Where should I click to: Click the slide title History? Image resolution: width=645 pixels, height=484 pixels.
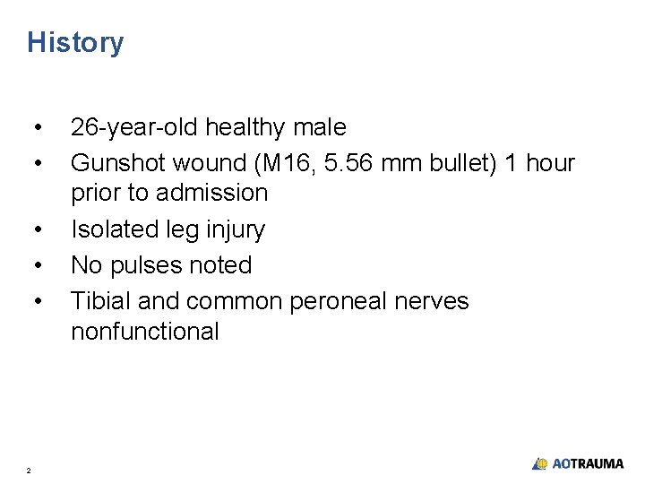click(75, 43)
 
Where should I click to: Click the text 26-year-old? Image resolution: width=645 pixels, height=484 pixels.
click(134, 128)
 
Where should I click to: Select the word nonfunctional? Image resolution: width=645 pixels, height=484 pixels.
click(144, 332)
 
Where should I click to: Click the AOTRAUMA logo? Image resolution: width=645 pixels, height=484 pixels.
click(578, 463)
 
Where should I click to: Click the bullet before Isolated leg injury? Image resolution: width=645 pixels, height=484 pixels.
click(37, 230)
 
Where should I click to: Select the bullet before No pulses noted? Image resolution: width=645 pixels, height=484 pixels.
click(37, 266)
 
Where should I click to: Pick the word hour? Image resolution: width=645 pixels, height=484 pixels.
click(549, 163)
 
